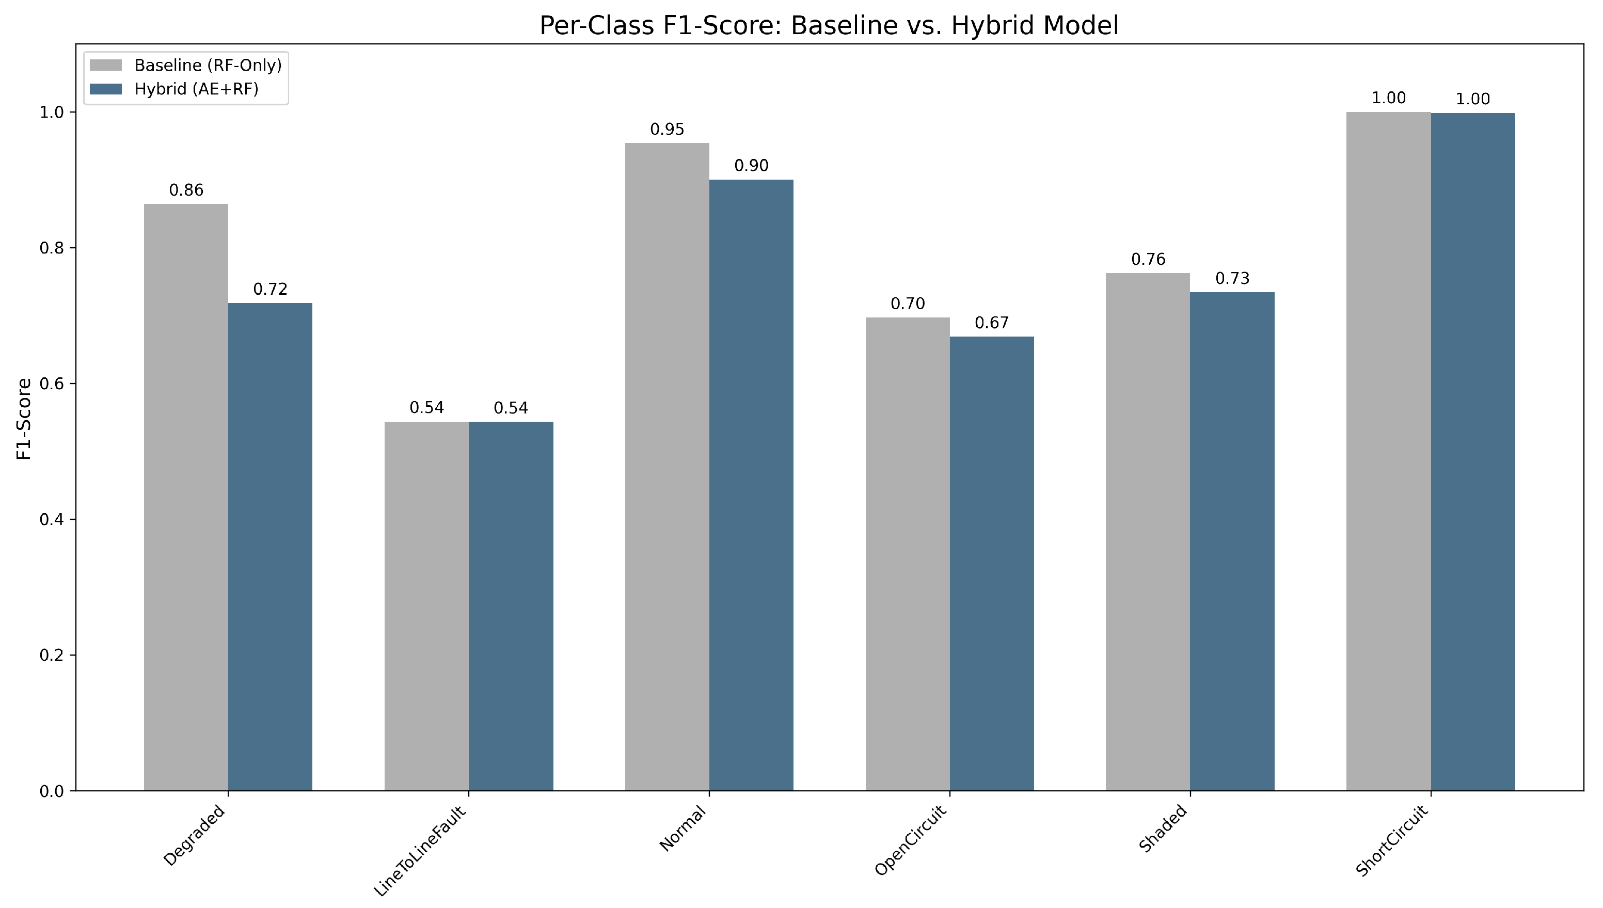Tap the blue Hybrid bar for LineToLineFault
click(x=511, y=606)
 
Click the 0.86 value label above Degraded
click(x=186, y=190)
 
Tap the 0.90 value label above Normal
click(x=751, y=166)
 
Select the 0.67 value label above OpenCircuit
click(x=991, y=323)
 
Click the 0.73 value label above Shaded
click(x=1232, y=279)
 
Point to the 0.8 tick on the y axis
click(x=52, y=248)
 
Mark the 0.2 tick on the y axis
click(x=52, y=656)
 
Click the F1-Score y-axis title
click(x=24, y=419)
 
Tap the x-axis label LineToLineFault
click(x=419, y=851)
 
